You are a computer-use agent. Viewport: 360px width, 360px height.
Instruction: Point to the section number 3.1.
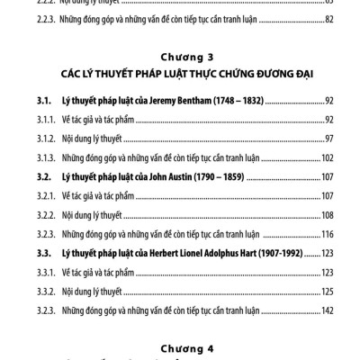click(x=34, y=105)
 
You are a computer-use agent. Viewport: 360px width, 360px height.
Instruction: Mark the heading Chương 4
click(x=180, y=346)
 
